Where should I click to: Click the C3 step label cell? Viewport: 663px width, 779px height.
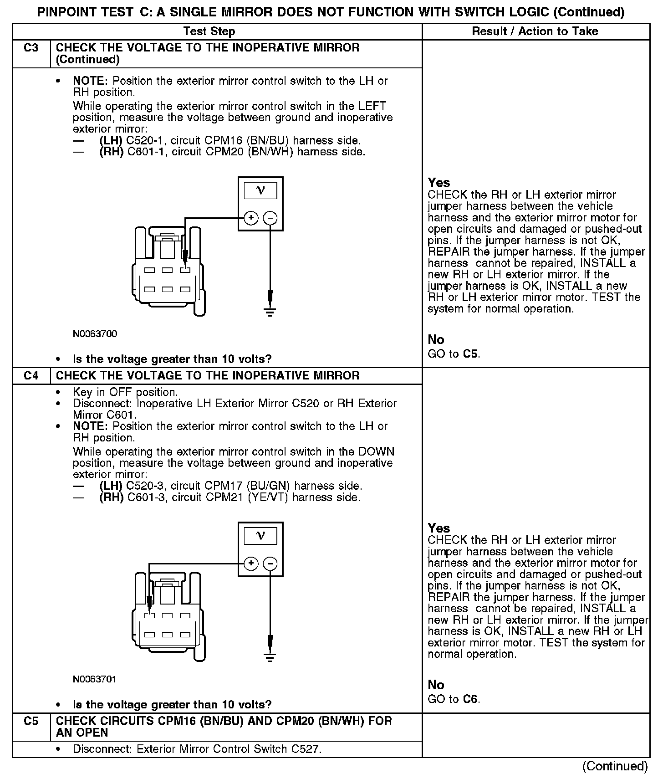[31, 48]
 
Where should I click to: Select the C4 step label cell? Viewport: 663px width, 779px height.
[31, 376]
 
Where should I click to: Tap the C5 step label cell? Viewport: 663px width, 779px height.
[31, 721]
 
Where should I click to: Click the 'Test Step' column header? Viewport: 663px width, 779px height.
[209, 31]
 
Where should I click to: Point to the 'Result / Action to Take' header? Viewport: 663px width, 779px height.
[535, 31]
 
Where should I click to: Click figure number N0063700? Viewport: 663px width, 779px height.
[95, 334]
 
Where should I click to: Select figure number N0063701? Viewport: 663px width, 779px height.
[95, 679]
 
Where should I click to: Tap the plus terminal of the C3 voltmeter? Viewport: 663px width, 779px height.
[251, 218]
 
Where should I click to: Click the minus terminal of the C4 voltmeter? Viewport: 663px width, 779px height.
[270, 564]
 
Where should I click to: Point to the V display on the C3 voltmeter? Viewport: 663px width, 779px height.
[260, 190]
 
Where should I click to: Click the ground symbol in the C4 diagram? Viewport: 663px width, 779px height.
[270, 657]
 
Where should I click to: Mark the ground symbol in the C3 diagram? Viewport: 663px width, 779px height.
[270, 312]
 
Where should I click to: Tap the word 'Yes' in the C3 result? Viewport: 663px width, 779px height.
[439, 183]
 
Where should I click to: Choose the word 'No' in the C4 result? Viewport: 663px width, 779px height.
[436, 685]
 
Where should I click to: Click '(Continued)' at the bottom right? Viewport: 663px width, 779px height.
[615, 766]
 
